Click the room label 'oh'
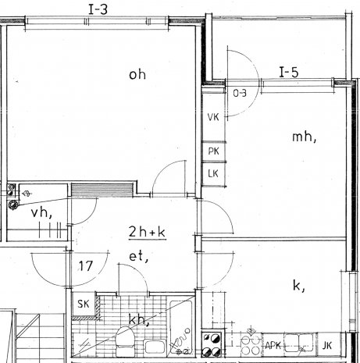[137, 75]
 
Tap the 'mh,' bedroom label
[304, 137]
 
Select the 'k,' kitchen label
[299, 286]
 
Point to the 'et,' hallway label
[139, 257]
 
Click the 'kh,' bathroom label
[139, 320]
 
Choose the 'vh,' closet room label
[41, 213]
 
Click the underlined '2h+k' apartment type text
[148, 232]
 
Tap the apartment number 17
[86, 266]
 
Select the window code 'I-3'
[98, 10]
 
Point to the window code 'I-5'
[289, 73]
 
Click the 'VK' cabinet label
[213, 117]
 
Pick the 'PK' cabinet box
[214, 151]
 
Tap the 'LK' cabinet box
[213, 174]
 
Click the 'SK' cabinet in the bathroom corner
[84, 304]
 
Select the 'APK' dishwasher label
[273, 346]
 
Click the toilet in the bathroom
[126, 341]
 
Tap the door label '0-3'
[240, 93]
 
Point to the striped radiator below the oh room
[102, 190]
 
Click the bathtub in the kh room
[181, 327]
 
